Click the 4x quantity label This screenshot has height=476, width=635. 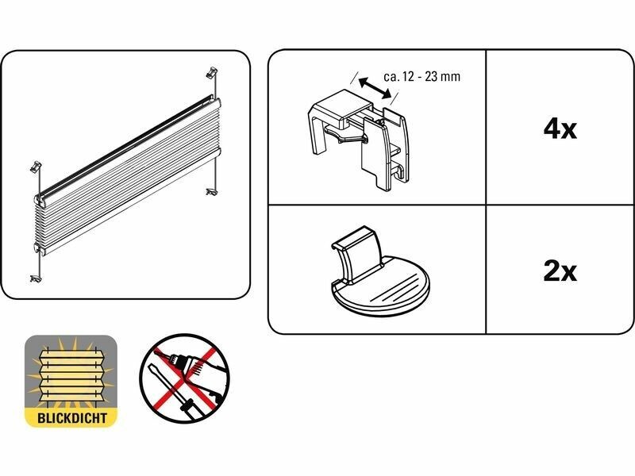pos(560,129)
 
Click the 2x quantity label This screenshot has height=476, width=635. pos(560,271)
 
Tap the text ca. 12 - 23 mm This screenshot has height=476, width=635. pos(422,76)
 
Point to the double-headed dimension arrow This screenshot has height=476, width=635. pos(375,88)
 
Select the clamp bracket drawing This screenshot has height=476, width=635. pos(359,137)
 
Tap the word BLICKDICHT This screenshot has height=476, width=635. pos(71,418)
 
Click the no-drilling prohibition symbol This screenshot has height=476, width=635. pos(184,379)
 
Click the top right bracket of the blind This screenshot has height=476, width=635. pos(212,72)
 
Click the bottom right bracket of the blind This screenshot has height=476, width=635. pos(211,191)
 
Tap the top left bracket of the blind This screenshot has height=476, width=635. pos(36,167)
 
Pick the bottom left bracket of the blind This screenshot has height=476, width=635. pos(36,278)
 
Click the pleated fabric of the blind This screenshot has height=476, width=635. pos(129,178)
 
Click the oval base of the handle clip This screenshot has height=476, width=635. pos(381,288)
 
